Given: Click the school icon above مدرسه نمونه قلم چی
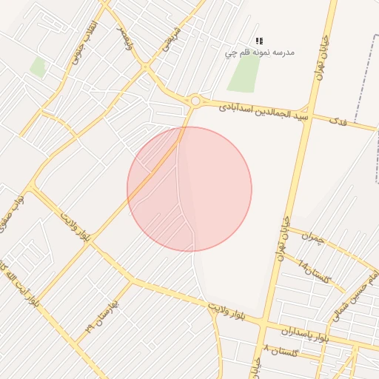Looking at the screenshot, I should (259, 41).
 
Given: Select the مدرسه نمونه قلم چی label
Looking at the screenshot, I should (260, 53).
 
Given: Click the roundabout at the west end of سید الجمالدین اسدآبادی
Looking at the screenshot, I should (195, 100).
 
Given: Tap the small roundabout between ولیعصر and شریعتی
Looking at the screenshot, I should (146, 67).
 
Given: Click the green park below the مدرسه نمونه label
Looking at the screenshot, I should (245, 75).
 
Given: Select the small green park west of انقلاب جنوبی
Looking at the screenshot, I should (38, 68).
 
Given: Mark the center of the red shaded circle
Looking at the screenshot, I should (189, 189).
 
